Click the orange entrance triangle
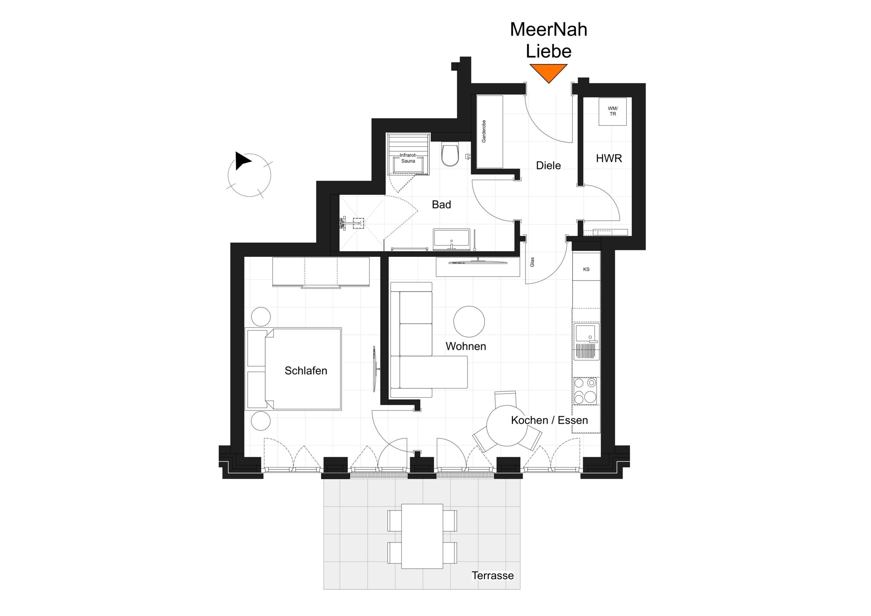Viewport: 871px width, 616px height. click(548, 72)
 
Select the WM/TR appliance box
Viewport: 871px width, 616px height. click(613, 112)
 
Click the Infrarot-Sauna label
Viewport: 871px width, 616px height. click(408, 158)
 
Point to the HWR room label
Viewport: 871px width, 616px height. click(609, 159)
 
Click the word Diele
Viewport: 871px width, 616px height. click(548, 165)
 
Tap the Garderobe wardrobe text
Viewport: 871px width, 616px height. click(484, 131)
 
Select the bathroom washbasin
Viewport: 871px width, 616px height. click(451, 239)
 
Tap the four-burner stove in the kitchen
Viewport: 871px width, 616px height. click(585, 391)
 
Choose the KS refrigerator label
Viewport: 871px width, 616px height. click(586, 269)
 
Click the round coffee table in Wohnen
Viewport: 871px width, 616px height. click(469, 322)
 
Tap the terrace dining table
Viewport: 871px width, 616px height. click(422, 536)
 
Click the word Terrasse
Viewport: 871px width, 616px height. click(492, 576)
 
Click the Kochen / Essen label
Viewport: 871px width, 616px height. click(549, 420)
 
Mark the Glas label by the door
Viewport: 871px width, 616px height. click(532, 262)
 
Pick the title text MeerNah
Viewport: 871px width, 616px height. click(548, 29)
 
